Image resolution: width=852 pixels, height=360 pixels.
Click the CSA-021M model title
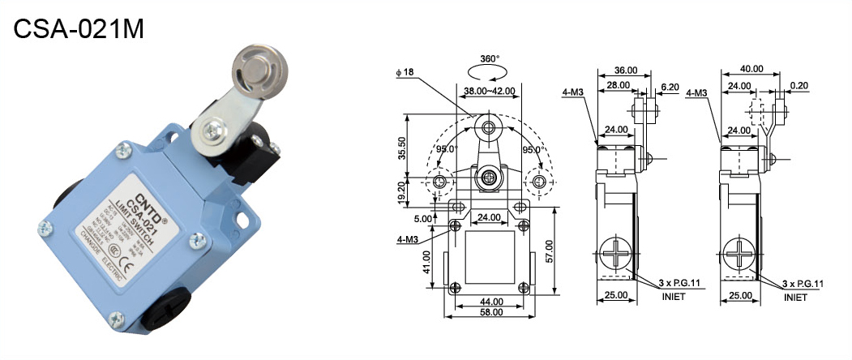tap(79, 30)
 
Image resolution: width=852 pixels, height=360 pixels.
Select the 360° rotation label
tap(490, 59)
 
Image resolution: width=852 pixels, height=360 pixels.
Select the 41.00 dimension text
tap(426, 261)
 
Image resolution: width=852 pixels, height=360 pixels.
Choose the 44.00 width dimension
tap(490, 302)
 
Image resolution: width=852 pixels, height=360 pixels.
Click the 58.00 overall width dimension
tap(490, 313)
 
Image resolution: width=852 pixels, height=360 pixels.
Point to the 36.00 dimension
tap(626, 70)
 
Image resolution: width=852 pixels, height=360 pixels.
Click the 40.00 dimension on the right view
tap(751, 70)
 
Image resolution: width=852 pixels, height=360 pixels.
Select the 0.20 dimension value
tap(798, 86)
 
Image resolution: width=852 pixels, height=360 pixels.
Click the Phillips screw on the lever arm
tap(215, 128)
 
